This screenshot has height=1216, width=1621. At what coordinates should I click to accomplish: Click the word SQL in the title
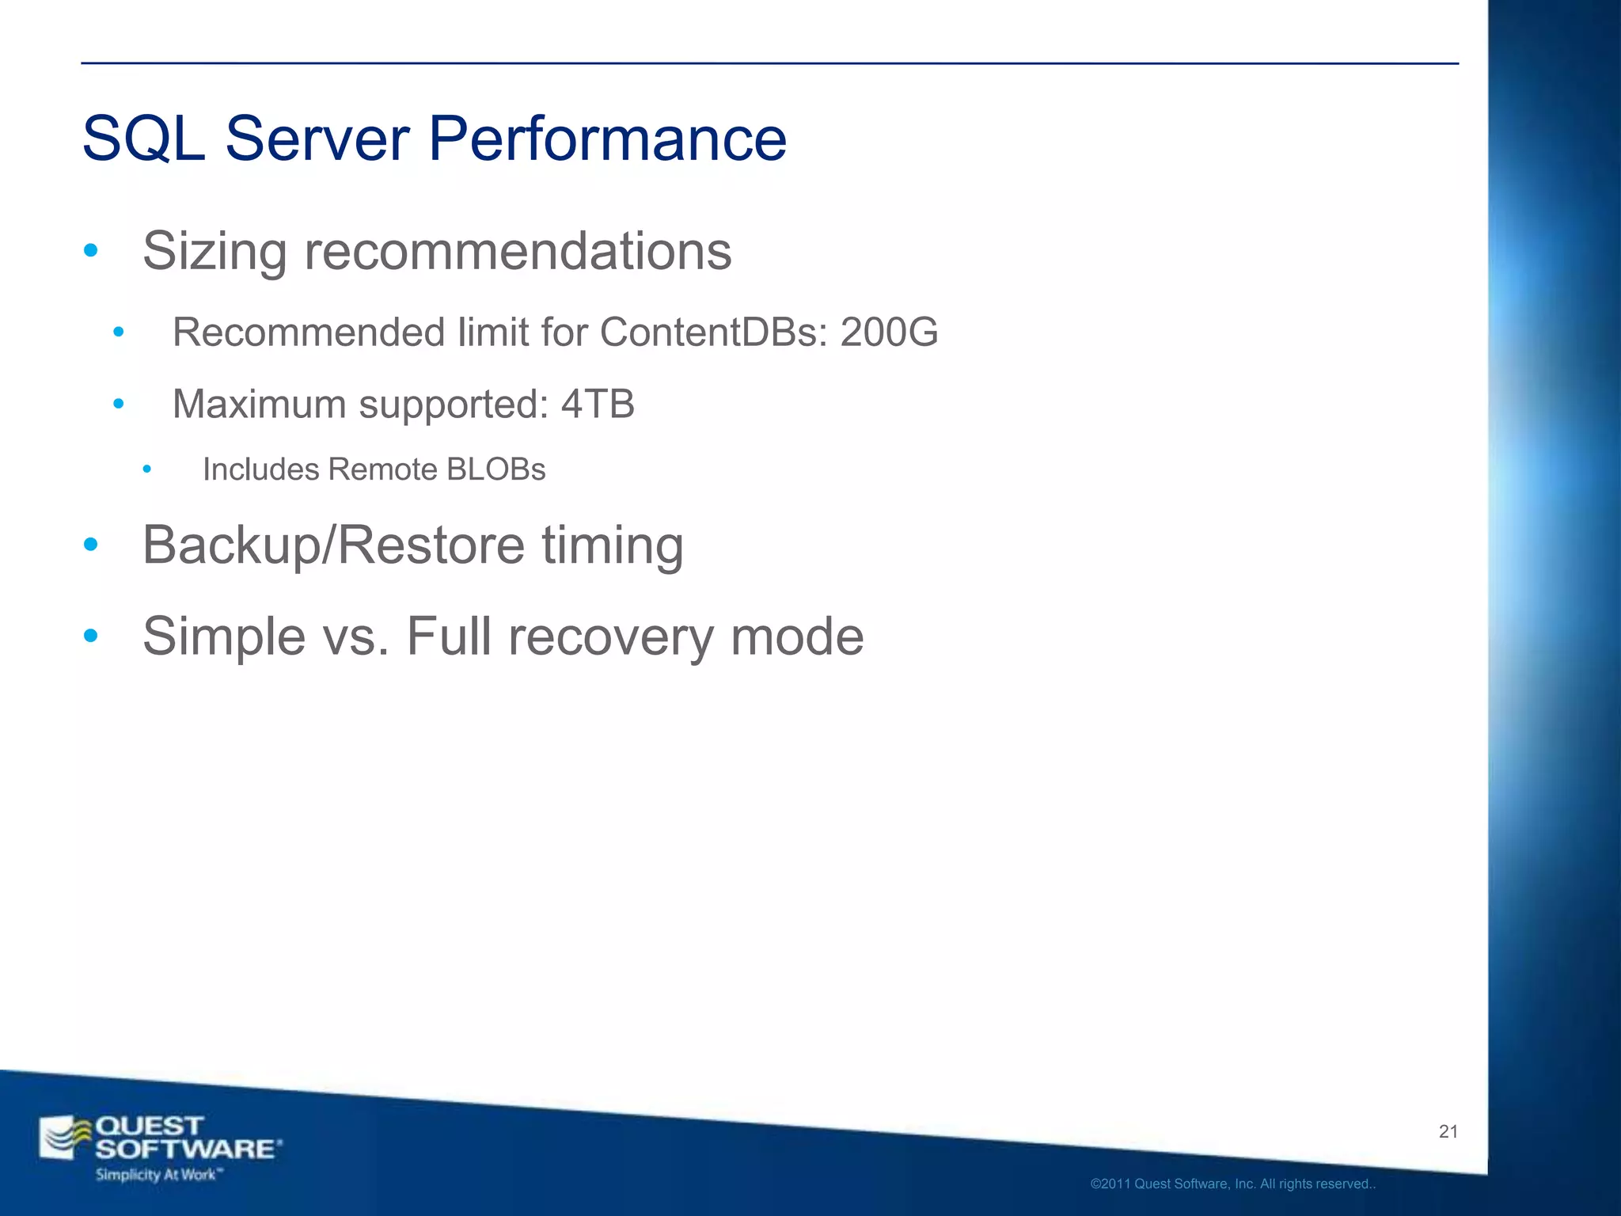click(143, 139)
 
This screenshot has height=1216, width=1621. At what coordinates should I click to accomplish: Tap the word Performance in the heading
click(607, 139)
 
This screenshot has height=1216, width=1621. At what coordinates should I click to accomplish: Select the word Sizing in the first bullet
click(214, 252)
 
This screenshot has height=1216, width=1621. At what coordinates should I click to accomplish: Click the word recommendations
click(518, 252)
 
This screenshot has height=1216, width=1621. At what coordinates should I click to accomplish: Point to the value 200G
click(889, 332)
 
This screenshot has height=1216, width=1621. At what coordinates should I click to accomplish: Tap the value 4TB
click(598, 405)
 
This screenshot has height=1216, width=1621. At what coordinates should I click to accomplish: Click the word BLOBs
click(495, 469)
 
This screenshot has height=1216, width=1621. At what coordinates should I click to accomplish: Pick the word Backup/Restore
click(333, 545)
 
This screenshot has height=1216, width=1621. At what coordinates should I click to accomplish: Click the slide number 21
click(1448, 1132)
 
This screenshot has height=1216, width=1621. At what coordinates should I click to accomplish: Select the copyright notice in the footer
click(1232, 1184)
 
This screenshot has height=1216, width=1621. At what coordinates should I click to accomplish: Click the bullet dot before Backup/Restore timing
click(91, 545)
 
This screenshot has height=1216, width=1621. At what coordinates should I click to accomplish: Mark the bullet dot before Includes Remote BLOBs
click(146, 469)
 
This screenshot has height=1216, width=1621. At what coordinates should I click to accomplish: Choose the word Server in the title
click(317, 139)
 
